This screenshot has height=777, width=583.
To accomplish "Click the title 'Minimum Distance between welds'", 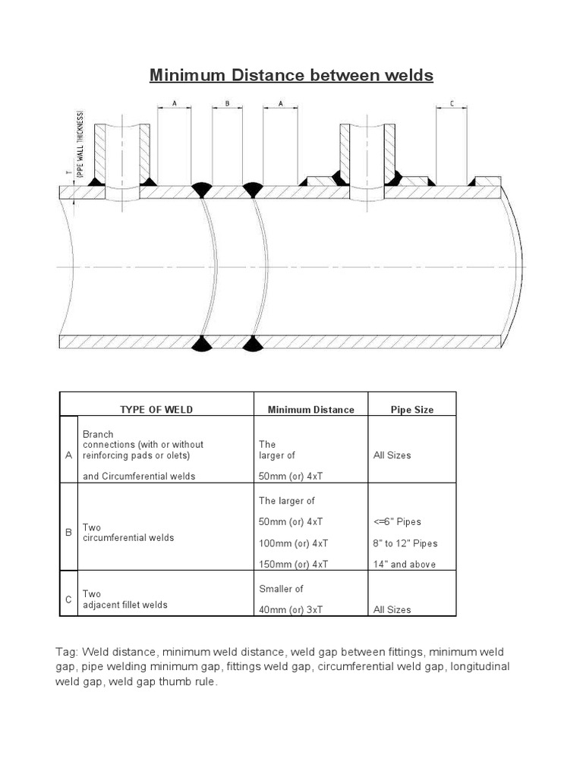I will pos(291,75).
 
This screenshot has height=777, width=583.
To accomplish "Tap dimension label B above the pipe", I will pos(227,103).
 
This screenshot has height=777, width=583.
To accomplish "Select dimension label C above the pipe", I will pos(452,103).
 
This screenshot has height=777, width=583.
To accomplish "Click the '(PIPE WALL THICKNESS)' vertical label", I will pos(80,144).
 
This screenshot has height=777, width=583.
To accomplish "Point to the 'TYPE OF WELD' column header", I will pos(156,410).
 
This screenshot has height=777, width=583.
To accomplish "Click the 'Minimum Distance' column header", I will pos(310,410).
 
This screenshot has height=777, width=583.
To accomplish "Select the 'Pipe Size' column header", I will pos(412,410).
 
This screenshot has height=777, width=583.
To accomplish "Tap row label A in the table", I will pos(69,455).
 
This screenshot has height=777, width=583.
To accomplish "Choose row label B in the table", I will pos(69,533).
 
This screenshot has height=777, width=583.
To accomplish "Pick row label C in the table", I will pos(69,599).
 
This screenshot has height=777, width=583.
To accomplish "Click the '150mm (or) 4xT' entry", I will pos(293,565).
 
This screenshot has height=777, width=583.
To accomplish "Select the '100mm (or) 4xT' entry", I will pos(293,543).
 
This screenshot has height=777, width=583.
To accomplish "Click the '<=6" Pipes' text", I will pos(397,522).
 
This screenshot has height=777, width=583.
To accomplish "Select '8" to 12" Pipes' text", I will pos(405,543).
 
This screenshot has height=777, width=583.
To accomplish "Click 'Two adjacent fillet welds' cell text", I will pos(125,599).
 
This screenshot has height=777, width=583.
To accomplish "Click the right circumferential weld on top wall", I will pos(252,189).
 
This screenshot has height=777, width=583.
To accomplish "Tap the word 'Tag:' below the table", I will pos(68,652).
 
